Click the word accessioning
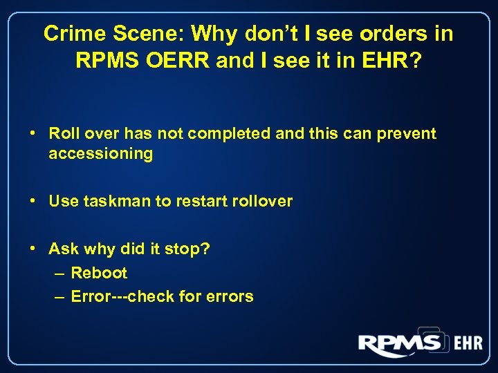pos(101,153)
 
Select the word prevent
pos(405,133)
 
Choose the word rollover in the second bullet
pos(261,202)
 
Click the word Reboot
pos(99,273)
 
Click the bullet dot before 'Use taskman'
pos(33,201)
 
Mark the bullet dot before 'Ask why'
pos(33,248)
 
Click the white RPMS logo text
pos(400,343)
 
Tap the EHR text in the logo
pos(468,343)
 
